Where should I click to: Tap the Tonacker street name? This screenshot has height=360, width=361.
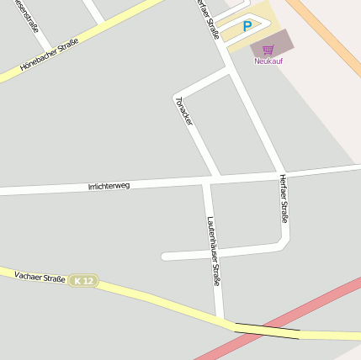tap(184, 111)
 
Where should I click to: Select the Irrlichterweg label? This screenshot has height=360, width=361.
tap(109, 185)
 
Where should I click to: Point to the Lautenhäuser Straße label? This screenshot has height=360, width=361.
tap(213, 251)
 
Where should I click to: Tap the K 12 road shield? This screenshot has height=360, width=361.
tap(83, 280)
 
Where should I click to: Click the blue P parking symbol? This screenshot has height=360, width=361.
tap(247, 27)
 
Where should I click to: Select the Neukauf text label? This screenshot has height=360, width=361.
tap(268, 61)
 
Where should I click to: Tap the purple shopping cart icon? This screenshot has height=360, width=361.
tap(268, 50)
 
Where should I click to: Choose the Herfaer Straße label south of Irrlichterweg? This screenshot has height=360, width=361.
tap(284, 199)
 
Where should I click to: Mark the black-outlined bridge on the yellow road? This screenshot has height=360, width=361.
tap(267, 331)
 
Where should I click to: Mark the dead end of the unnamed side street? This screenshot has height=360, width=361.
tap(164, 256)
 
